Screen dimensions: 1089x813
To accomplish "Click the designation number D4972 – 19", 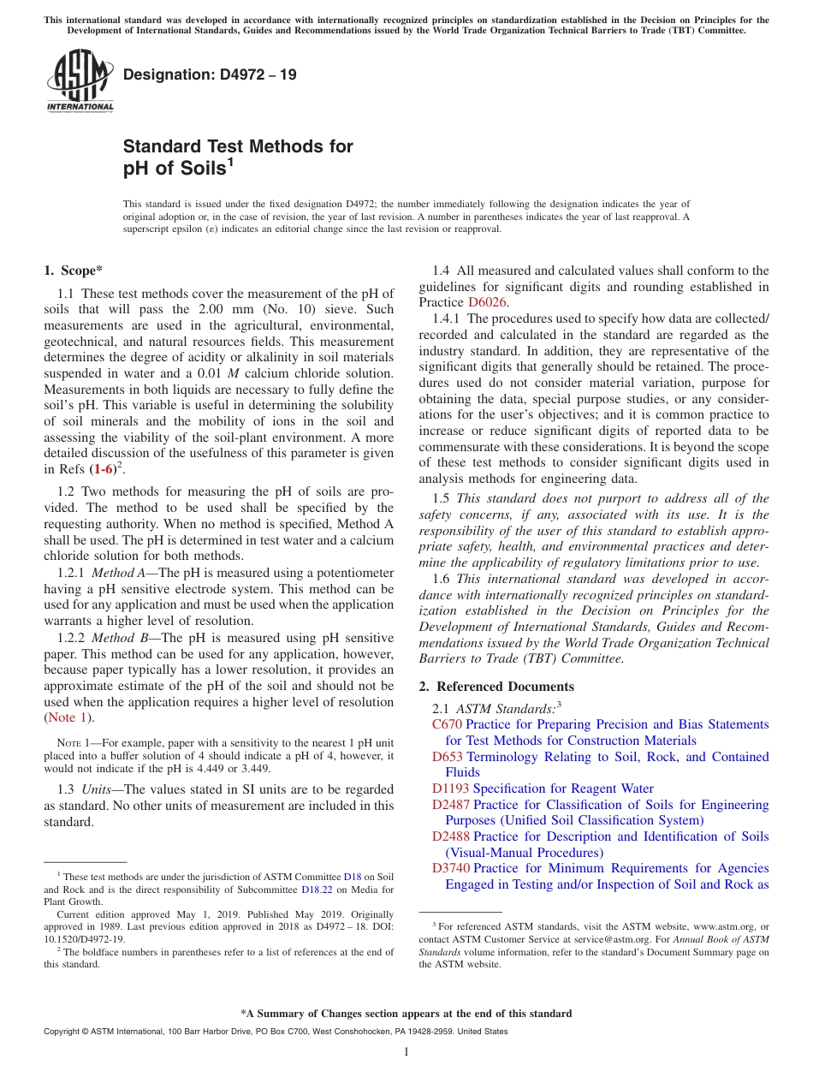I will click(x=210, y=74).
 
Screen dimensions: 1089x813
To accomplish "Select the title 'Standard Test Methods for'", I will click(x=238, y=146).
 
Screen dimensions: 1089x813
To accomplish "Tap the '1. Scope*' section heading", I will click(x=73, y=271).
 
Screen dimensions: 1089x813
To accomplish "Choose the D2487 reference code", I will click(x=450, y=805).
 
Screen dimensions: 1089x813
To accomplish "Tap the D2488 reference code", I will click(x=450, y=836).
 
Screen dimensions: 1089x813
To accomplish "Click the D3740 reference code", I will click(x=450, y=868).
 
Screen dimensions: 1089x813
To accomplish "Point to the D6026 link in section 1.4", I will click(x=488, y=302).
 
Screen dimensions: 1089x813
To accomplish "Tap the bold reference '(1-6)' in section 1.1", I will click(x=103, y=468).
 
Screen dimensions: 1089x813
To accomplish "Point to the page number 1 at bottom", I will click(x=406, y=1051).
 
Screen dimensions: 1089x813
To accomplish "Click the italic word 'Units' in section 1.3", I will click(x=98, y=789).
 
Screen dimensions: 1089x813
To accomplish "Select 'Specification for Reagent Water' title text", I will click(x=563, y=788).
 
